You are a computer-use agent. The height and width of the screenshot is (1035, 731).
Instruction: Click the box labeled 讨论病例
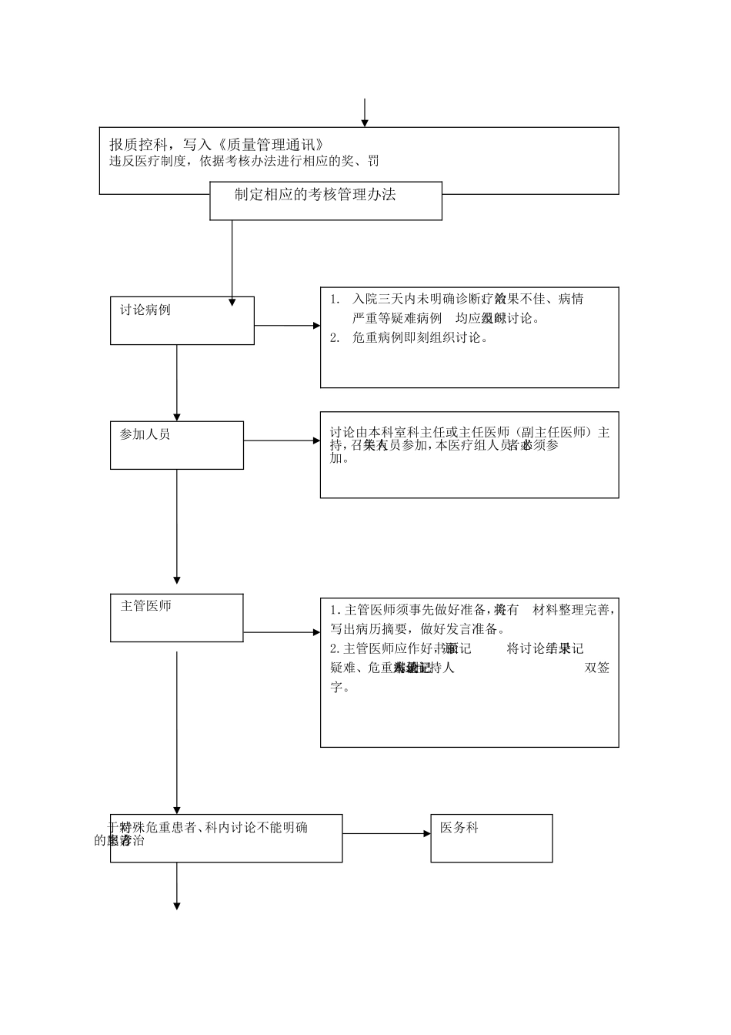[182, 320]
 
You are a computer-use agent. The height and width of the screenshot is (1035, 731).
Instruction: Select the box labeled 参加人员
[176, 445]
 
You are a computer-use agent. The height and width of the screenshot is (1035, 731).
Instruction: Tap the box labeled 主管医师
[176, 618]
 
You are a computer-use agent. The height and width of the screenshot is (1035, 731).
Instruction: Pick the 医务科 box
[491, 838]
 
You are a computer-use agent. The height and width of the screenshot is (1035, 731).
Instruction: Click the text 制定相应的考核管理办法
[315, 195]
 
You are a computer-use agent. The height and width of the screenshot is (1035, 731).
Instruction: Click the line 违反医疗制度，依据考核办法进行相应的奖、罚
[245, 162]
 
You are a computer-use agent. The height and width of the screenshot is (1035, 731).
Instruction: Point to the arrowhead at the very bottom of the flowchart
[177, 906]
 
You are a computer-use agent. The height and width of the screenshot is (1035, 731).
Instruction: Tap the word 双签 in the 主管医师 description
[598, 668]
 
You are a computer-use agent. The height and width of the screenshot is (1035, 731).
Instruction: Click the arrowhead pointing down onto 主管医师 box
[177, 579]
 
